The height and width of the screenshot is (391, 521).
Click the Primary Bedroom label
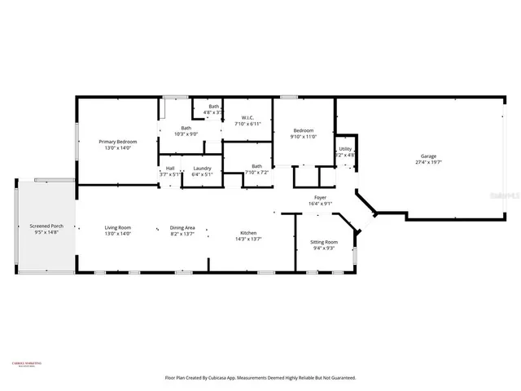coord(118,142)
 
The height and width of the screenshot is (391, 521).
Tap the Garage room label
coord(428,156)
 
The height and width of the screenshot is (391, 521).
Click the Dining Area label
coord(182,227)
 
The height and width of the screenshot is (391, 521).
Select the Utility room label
coord(345,149)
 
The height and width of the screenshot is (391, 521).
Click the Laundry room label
coord(202,169)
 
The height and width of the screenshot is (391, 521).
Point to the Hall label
coord(170,169)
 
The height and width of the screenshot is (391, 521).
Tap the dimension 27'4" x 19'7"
coord(428,162)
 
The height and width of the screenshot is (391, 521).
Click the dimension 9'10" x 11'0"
coord(303,137)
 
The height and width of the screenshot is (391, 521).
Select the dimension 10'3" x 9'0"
coord(186,134)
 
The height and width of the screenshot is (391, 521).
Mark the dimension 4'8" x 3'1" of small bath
coord(213,112)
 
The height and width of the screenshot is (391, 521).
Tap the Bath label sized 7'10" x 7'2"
coord(256,166)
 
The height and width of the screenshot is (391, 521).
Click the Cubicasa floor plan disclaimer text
coord(260,378)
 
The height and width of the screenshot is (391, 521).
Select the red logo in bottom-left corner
coord(26,364)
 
